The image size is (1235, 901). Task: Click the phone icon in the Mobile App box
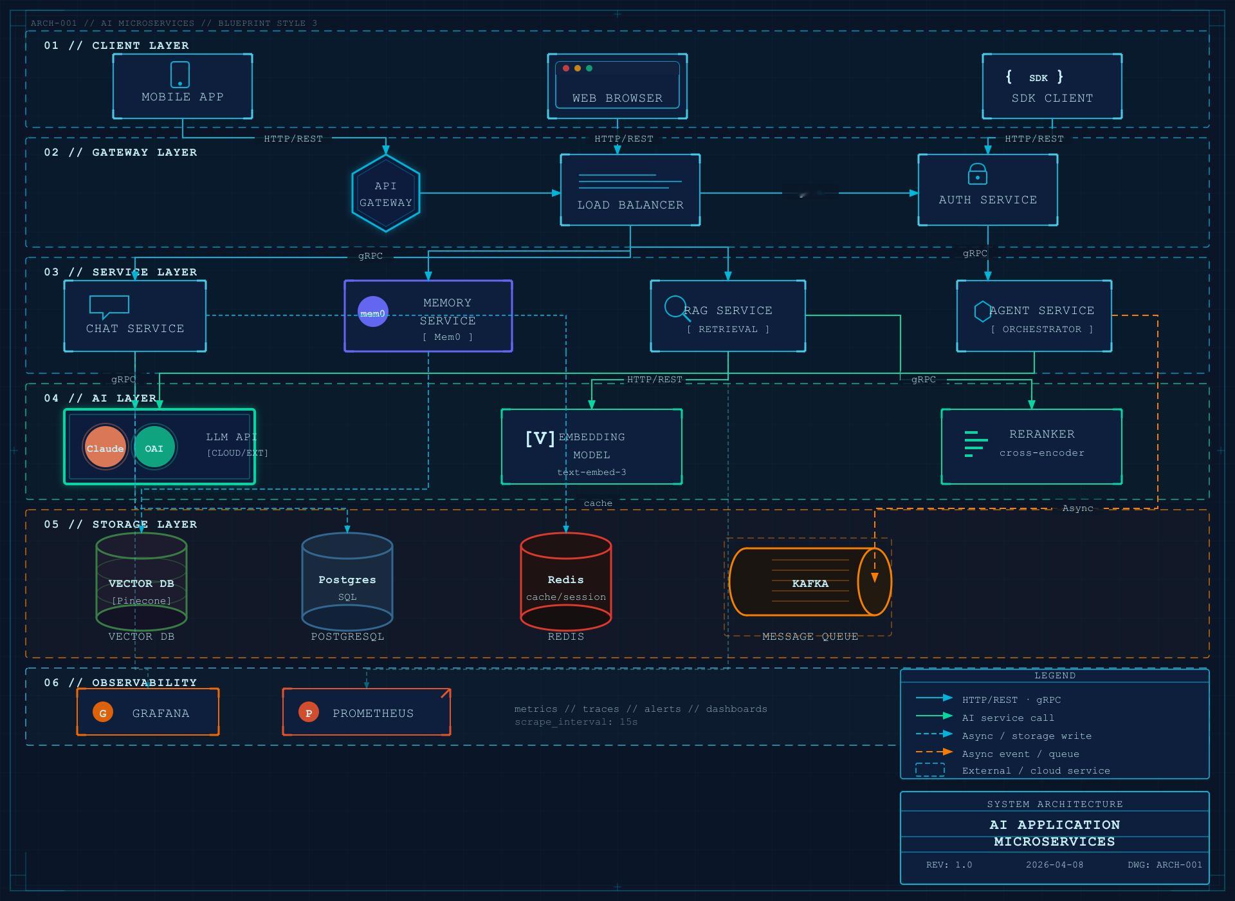pyautogui.click(x=180, y=75)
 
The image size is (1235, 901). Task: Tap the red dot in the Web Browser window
pyautogui.click(x=566, y=68)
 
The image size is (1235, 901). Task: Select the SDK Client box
pyautogui.click(x=1052, y=86)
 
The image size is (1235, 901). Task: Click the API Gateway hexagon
pyautogui.click(x=386, y=193)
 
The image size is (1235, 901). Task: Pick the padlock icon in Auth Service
pyautogui.click(x=977, y=174)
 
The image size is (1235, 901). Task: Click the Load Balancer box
pyautogui.click(x=630, y=190)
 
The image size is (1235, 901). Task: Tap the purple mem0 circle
pyautogui.click(x=372, y=312)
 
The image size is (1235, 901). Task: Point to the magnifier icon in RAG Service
pyautogui.click(x=676, y=308)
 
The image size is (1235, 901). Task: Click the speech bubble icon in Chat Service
pyautogui.click(x=109, y=306)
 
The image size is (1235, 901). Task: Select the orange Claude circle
pyautogui.click(x=105, y=447)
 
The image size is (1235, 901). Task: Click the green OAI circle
pyautogui.click(x=154, y=447)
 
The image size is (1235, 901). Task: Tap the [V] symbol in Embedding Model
pyautogui.click(x=540, y=439)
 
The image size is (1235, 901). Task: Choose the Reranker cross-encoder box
pyautogui.click(x=1031, y=446)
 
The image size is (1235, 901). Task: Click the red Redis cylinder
pyautogui.click(x=565, y=582)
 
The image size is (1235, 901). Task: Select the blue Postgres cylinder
pyautogui.click(x=347, y=582)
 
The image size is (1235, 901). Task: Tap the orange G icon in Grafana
pyautogui.click(x=103, y=712)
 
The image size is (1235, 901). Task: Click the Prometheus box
pyautogui.click(x=367, y=712)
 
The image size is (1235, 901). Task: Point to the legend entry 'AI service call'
pyautogui.click(x=1007, y=718)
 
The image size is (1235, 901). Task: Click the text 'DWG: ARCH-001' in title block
pyautogui.click(x=1164, y=864)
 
